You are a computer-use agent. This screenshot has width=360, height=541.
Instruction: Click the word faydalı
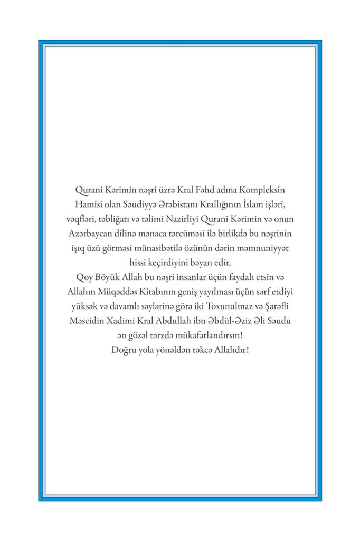[x=229, y=276]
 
